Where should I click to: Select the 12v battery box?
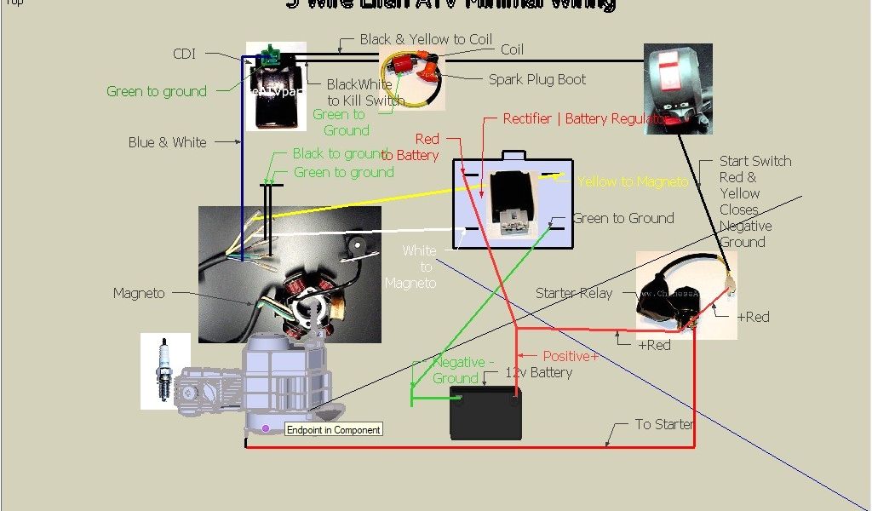pos(485,415)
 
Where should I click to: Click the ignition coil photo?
pos(412,78)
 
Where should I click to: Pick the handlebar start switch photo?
pos(678,89)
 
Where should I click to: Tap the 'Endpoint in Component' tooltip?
pos(334,430)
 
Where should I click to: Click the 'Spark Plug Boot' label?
pos(536,80)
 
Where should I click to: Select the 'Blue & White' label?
pos(167,142)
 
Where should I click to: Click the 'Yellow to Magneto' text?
pos(632,181)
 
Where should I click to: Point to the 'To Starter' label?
pos(663,424)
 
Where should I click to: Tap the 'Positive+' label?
pos(571,356)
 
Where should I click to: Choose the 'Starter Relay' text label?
pos(573,293)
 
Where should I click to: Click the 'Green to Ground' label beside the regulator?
pos(622,218)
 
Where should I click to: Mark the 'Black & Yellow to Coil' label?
pos(426,39)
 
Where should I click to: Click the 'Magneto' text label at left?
pos(139,293)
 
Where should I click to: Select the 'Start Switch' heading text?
pos(754,161)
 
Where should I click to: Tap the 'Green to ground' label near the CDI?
pos(157,91)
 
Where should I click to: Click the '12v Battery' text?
pos(538,372)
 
